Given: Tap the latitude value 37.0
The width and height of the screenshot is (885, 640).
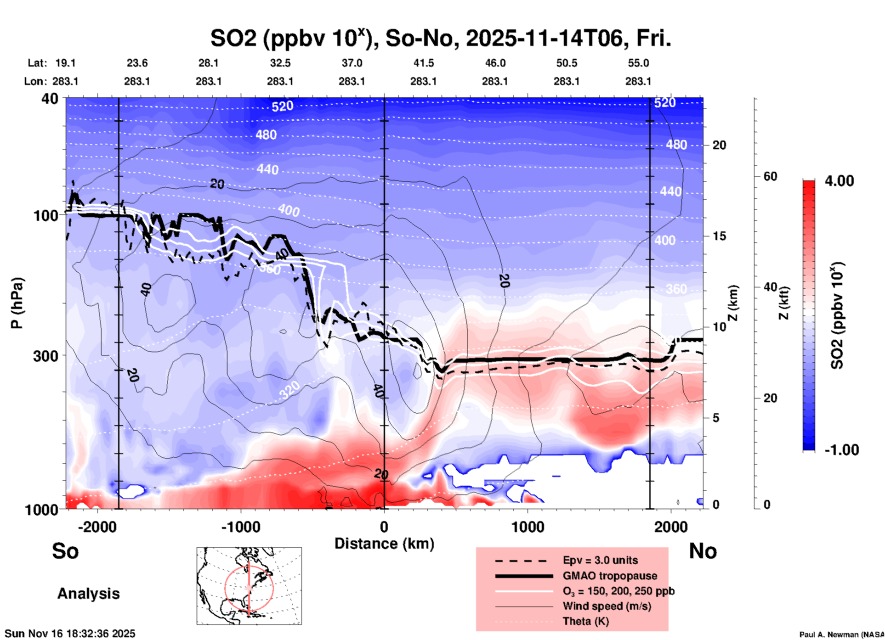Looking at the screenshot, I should point(352,63).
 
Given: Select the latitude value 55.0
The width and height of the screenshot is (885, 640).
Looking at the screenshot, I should point(638,63).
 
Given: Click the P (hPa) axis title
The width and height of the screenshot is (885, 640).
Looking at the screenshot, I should point(17,303).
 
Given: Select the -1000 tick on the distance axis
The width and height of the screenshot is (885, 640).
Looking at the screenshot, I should point(240,527).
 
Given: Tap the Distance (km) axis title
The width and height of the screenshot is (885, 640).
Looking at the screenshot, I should point(384,544).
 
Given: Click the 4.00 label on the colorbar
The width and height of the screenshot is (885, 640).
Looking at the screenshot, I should point(839,181).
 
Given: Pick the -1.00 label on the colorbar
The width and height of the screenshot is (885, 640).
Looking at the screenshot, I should point(841,450).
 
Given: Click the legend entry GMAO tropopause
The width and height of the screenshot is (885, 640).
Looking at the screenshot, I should point(610,576).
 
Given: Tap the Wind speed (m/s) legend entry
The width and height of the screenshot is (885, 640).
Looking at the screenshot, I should point(607,606).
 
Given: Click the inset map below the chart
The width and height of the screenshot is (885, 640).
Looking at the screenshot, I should point(249,585).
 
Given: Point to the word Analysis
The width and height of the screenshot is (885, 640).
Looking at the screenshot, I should point(88,594).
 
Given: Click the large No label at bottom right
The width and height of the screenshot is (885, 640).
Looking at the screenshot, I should point(703,551).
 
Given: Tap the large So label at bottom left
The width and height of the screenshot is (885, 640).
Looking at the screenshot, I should point(65,551).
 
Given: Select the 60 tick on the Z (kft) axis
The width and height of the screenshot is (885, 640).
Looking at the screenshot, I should point(770,176).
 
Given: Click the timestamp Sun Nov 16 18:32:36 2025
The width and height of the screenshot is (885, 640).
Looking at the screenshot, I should point(70,634).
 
